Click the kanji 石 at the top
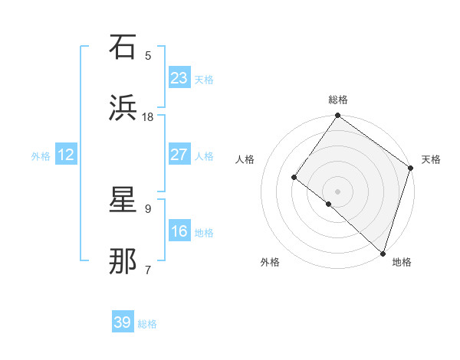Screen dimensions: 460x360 124,47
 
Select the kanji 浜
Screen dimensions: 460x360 124,108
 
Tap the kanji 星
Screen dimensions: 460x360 124,200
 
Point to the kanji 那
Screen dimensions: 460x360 124,261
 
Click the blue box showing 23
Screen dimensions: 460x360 179,77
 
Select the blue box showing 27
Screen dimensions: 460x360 179,154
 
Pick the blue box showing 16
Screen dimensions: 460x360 179,231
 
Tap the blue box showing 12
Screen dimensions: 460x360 66,155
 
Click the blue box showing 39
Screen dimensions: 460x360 123,322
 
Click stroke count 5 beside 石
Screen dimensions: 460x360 148,55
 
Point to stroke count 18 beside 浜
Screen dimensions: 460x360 148,116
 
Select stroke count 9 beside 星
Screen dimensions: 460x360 148,208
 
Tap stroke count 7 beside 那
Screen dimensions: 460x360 148,270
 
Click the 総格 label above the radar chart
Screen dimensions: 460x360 338,100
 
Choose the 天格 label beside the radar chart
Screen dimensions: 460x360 432,159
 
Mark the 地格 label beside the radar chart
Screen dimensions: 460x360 402,262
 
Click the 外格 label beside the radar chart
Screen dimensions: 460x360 270,262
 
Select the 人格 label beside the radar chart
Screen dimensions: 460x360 245,159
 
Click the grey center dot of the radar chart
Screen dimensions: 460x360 337,191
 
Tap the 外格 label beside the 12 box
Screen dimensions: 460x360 41,155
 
